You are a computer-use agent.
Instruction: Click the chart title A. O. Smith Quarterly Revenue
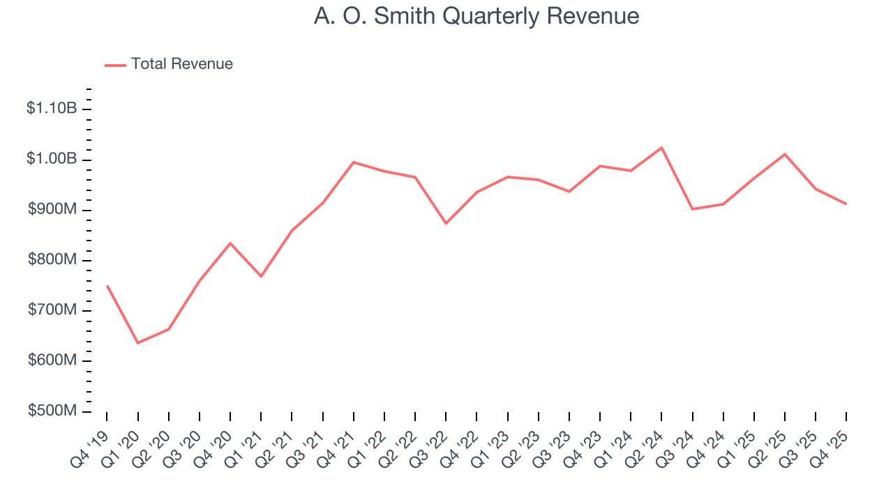coord(476,16)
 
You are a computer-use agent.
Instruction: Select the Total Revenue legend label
coord(181,64)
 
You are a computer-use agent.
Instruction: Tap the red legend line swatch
coord(115,65)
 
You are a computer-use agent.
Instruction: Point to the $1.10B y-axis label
coord(51,109)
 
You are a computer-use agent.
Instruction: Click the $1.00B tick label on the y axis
coord(51,159)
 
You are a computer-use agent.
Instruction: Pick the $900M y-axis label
coord(52,210)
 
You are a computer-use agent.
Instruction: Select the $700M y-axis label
coord(52,310)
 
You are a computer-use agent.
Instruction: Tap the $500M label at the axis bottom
coord(52,411)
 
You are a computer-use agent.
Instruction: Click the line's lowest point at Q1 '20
coord(137,343)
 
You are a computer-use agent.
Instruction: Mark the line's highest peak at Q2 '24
coord(661,147)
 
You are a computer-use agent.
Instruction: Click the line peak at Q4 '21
coord(354,162)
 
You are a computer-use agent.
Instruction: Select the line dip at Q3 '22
coord(446,223)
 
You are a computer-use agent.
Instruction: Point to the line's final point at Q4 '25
coord(846,204)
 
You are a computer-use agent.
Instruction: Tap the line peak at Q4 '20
coord(230,243)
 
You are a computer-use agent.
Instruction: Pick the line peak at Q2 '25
coord(785,154)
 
